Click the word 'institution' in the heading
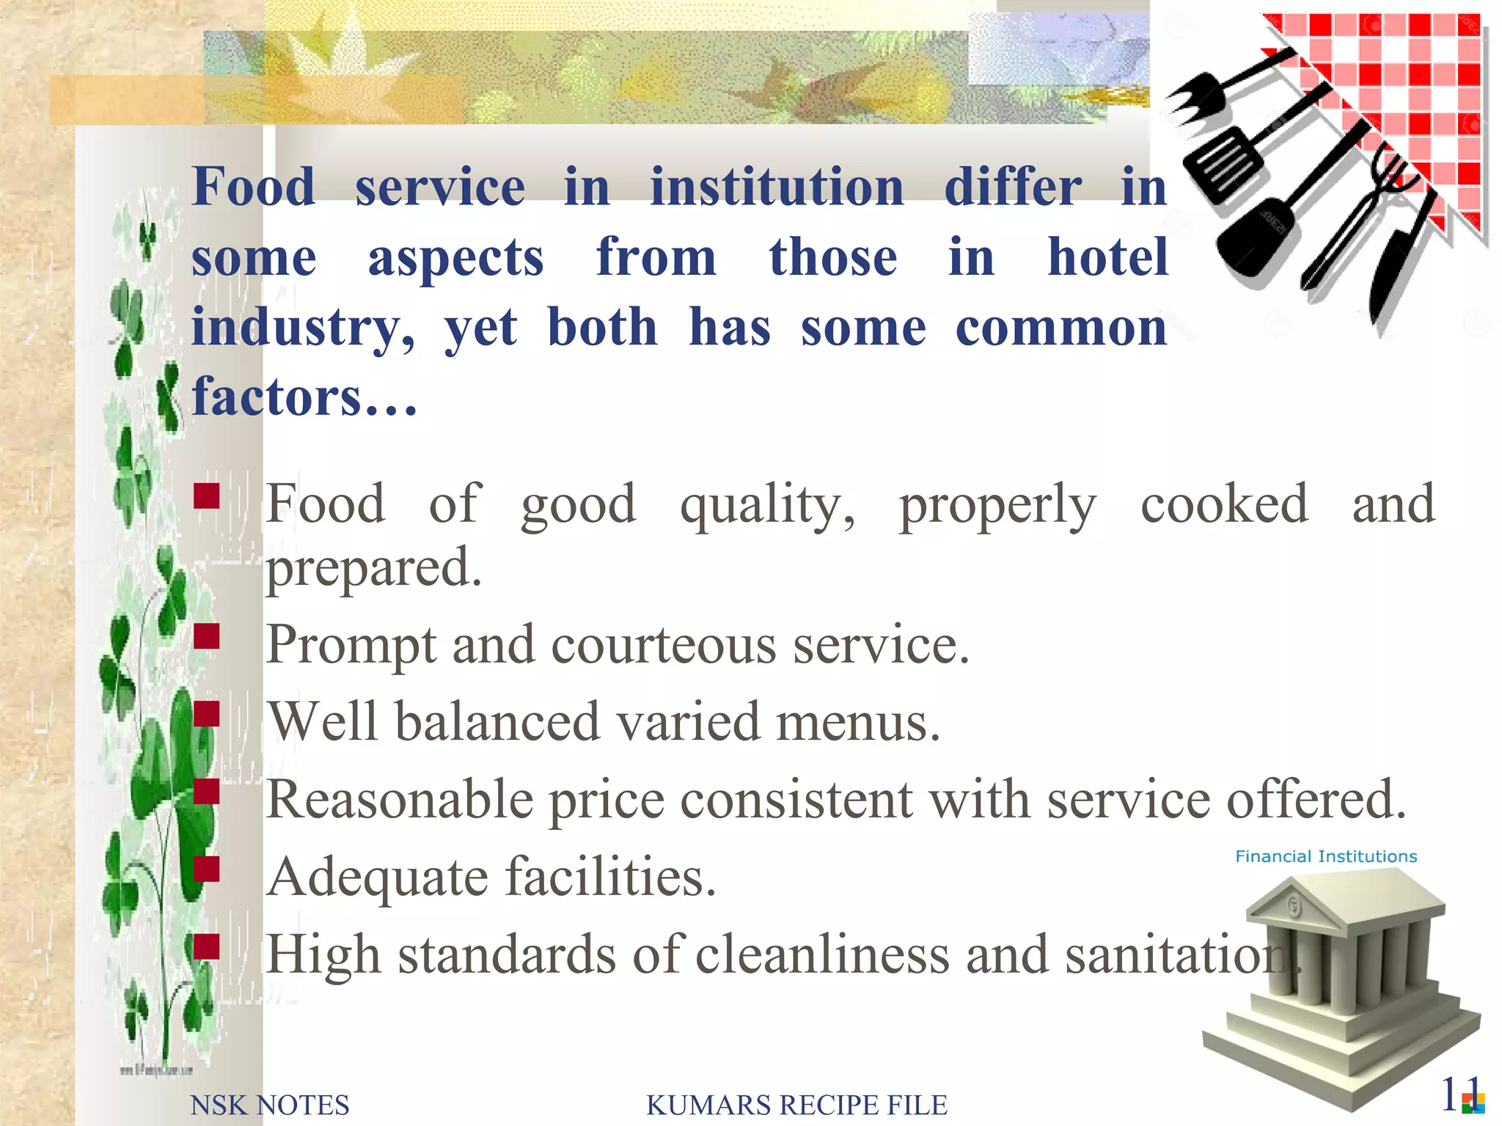(x=777, y=187)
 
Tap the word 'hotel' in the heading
(x=1107, y=257)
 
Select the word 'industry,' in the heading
(x=302, y=328)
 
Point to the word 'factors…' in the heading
(x=304, y=397)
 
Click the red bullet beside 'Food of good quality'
(x=207, y=496)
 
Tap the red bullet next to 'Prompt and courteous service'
(x=207, y=636)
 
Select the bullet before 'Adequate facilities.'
(x=207, y=869)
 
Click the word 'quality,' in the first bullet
(x=767, y=506)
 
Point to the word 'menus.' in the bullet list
(x=857, y=722)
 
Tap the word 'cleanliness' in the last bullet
(x=821, y=954)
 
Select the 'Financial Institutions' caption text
(x=1325, y=856)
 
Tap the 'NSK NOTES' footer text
(x=269, y=1105)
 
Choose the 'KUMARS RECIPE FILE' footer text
(x=796, y=1105)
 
